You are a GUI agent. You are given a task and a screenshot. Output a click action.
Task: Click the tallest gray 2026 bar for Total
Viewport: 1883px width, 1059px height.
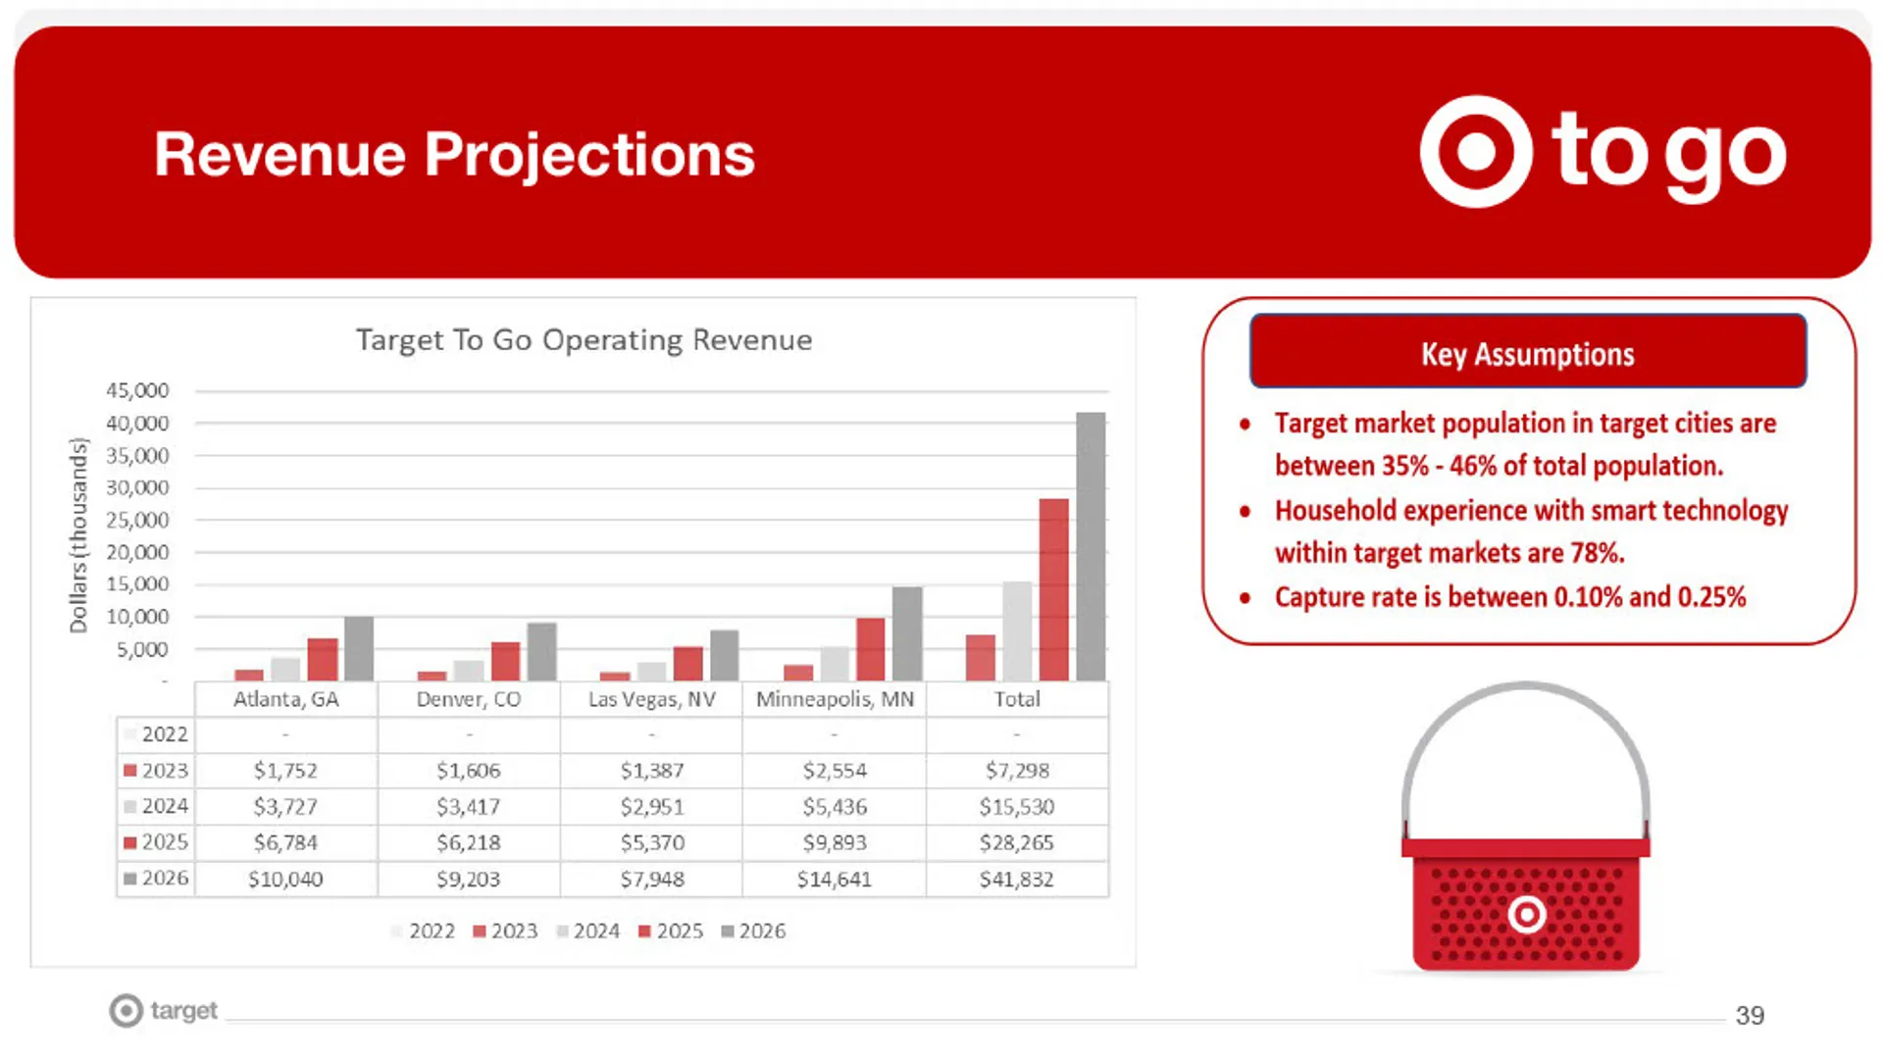1091,546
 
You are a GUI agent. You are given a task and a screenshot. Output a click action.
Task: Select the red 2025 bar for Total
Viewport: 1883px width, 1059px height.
1053,589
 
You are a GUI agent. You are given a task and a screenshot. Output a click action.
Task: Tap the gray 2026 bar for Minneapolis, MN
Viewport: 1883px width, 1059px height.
907,633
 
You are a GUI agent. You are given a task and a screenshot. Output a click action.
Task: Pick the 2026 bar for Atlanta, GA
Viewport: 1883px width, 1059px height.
359,648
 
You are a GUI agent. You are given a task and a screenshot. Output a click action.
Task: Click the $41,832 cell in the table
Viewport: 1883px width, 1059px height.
1016,880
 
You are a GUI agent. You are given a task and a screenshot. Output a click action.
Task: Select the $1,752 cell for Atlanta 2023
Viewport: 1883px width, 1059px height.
285,771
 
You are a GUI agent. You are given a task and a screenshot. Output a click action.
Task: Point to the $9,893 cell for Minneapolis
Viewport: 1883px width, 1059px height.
834,843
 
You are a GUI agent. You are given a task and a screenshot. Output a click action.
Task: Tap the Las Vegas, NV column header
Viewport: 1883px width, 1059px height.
651,699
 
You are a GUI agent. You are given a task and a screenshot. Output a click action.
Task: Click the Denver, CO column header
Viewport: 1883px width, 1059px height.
468,699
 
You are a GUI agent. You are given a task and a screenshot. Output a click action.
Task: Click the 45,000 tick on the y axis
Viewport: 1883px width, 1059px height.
137,390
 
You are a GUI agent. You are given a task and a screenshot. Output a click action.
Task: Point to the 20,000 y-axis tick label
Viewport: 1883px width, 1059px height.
137,552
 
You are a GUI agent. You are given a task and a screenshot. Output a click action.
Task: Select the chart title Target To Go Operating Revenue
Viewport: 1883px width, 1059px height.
584,340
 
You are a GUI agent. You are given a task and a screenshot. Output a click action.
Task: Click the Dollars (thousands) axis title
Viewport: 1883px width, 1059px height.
78,535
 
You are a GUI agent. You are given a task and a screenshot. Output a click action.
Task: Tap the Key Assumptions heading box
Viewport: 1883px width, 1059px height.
1527,353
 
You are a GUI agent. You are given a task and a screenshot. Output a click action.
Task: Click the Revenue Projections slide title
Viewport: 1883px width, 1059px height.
454,155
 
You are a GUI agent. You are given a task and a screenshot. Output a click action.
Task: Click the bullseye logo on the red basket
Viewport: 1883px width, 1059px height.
1526,915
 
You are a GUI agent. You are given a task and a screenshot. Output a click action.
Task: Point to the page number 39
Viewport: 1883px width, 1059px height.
1750,1016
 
